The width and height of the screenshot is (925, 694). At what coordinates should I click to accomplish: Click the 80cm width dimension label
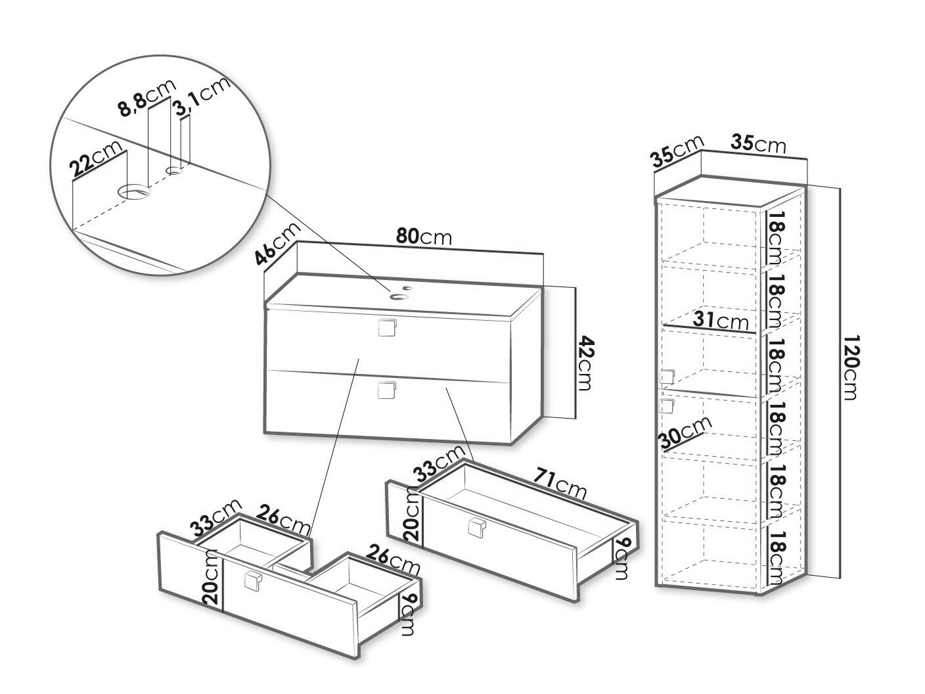[424, 237]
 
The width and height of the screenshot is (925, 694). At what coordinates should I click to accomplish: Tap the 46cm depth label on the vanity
[278, 244]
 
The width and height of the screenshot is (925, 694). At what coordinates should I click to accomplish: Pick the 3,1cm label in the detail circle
[203, 95]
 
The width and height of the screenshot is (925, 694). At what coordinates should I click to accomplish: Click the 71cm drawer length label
[560, 484]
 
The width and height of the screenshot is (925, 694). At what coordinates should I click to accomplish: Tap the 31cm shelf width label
[721, 321]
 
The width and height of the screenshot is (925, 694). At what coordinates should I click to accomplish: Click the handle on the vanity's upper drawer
[387, 327]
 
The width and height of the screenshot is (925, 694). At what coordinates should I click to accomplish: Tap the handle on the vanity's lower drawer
[387, 390]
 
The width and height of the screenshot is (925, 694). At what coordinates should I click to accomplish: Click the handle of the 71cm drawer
[477, 527]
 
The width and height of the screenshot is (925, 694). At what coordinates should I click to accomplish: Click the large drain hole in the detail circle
[134, 191]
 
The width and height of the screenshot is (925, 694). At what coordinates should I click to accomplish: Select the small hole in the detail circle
[174, 170]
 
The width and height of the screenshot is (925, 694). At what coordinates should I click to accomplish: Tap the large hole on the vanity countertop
[399, 296]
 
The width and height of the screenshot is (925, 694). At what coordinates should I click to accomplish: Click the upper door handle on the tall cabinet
[667, 377]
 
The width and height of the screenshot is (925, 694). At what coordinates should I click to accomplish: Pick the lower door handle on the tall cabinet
[667, 405]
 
